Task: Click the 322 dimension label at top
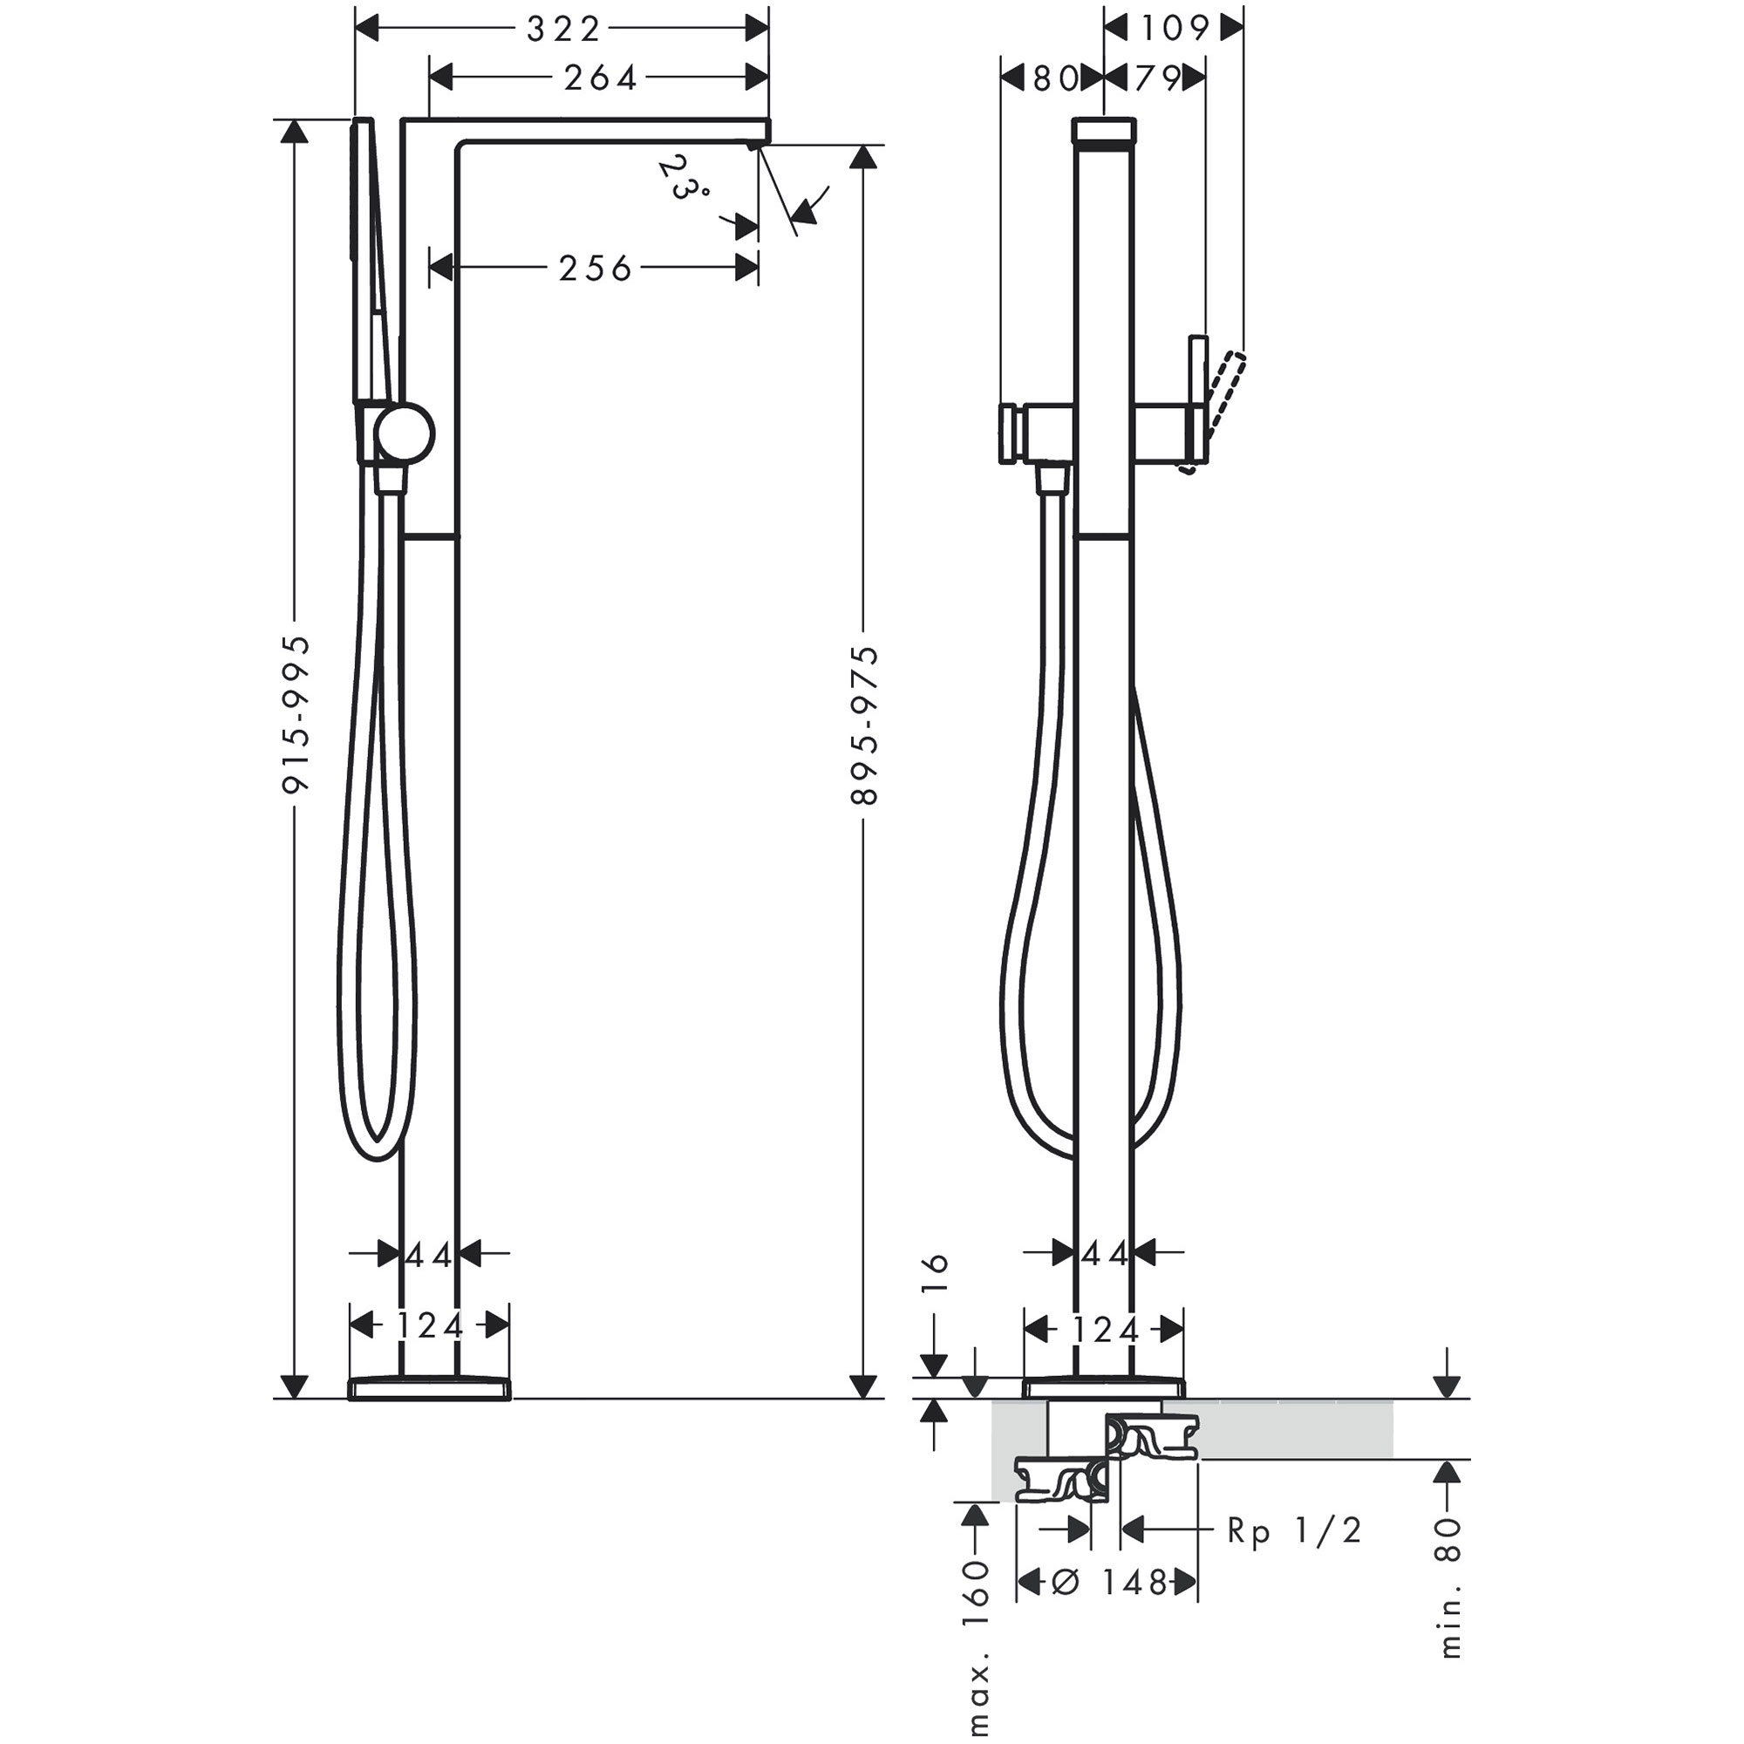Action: [562, 30]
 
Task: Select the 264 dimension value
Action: [600, 78]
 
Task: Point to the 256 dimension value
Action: [595, 268]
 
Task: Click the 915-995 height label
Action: [296, 715]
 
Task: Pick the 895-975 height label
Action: [865, 725]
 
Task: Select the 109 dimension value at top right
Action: [1174, 29]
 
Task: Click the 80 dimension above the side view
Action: [1053, 79]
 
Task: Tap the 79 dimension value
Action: [1156, 79]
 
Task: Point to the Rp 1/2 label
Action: [1293, 1531]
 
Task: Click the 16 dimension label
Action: [938, 1275]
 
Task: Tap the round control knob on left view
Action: [405, 434]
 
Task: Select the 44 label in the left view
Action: [429, 1255]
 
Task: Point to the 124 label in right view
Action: [1103, 1331]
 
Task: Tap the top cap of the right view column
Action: [1103, 130]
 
